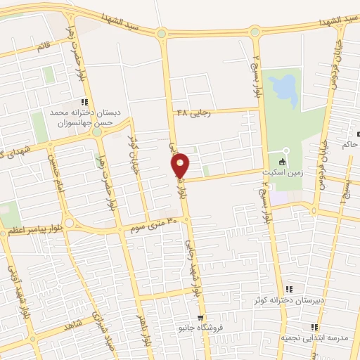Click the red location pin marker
click(181, 166)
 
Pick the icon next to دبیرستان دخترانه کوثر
click(289, 289)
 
